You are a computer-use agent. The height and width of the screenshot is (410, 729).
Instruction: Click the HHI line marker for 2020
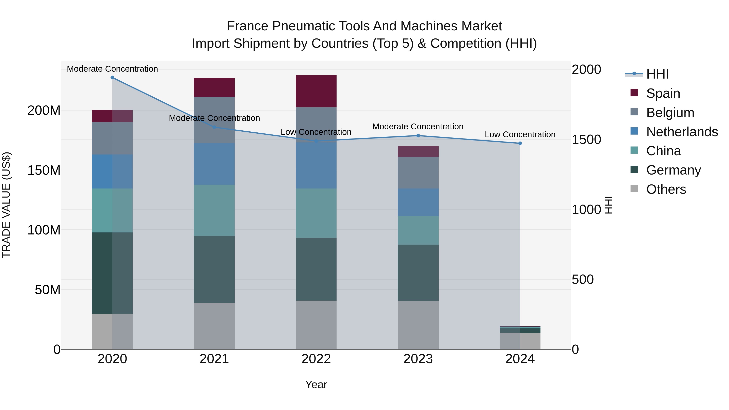(112, 78)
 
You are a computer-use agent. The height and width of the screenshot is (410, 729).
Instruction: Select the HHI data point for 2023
(418, 135)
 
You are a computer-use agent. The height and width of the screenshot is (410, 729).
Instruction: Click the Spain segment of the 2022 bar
(316, 91)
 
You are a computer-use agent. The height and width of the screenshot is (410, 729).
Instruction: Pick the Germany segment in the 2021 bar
(214, 269)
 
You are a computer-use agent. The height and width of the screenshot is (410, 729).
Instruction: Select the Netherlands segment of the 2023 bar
(418, 202)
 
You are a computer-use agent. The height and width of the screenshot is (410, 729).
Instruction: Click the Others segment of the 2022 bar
(316, 325)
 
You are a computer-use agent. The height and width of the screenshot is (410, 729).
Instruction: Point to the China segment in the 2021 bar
(214, 210)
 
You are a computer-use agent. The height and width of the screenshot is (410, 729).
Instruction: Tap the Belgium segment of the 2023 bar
(418, 173)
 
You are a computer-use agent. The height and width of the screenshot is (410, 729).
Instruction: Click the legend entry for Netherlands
(682, 132)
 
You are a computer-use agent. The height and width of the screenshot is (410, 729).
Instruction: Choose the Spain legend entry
(663, 93)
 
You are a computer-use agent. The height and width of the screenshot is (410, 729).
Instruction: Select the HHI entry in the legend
(657, 74)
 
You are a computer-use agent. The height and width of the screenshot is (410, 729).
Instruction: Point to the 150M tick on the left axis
(44, 170)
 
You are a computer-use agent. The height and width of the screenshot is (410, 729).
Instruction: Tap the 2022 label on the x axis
(316, 359)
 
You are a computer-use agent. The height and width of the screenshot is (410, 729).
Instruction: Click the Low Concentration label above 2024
(520, 134)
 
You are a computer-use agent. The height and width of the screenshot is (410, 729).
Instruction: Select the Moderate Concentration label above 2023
(418, 127)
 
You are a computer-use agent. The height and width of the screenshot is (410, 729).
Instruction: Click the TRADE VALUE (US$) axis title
(6, 205)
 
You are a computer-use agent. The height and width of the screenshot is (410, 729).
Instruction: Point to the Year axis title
(316, 384)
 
